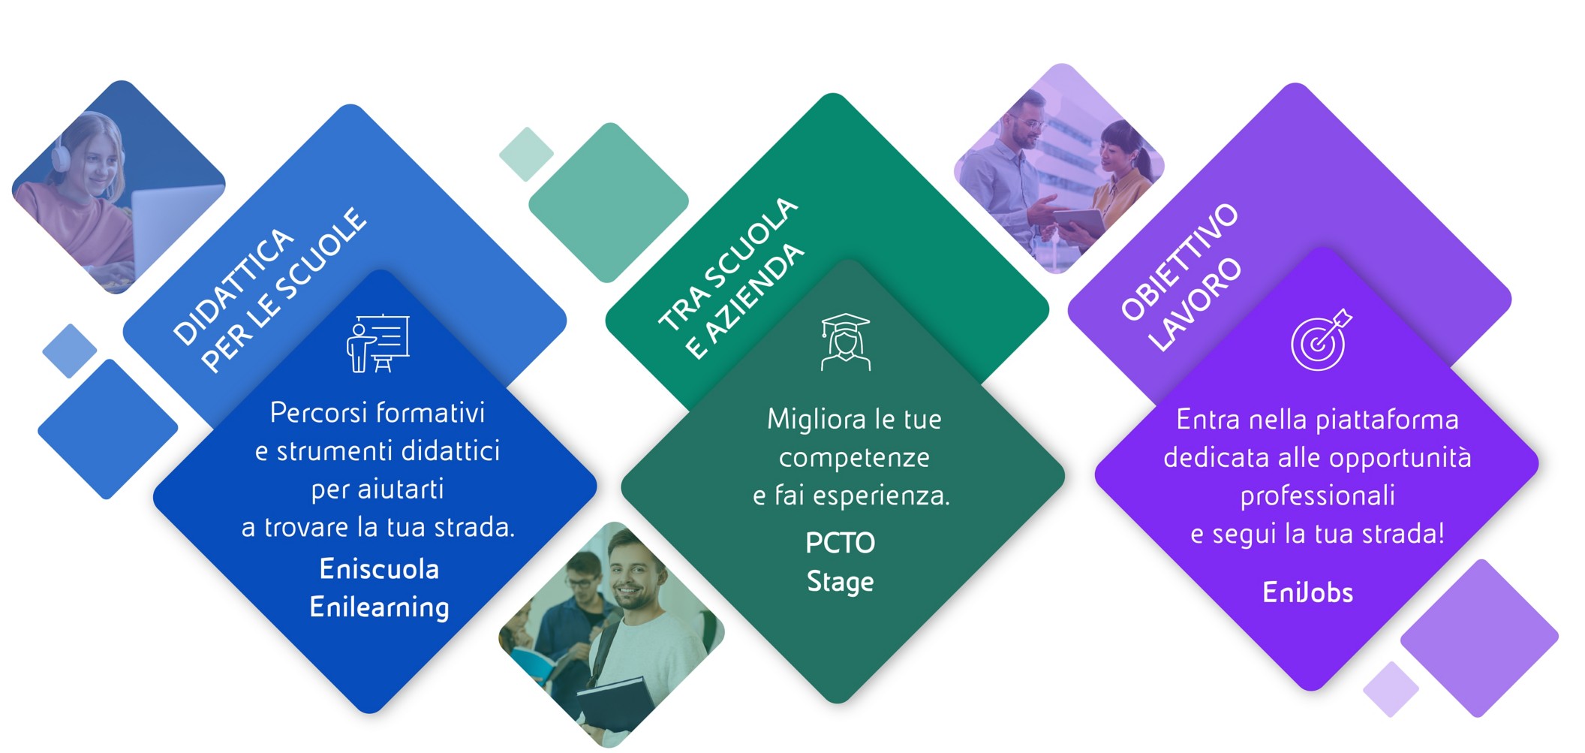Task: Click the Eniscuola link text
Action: click(379, 569)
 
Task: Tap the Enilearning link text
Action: click(379, 607)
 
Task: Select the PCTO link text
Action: click(840, 543)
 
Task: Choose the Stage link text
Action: click(840, 582)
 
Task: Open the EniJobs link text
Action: click(1307, 593)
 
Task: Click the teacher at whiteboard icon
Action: click(378, 343)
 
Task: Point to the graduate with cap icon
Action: click(846, 342)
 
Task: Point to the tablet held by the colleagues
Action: click(1079, 222)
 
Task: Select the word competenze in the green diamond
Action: click(854, 457)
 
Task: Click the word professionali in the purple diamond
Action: click(1317, 495)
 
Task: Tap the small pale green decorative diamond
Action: click(526, 154)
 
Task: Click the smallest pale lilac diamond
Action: click(1391, 689)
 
